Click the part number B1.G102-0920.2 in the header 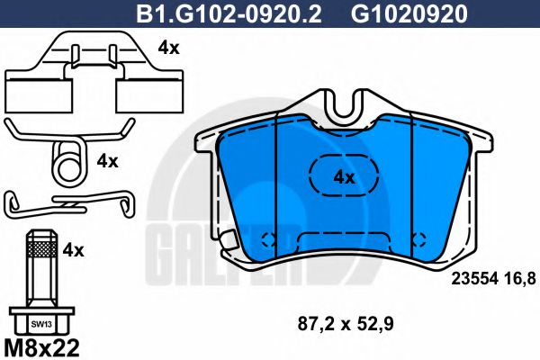click(229, 13)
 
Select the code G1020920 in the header click(409, 13)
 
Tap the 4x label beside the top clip click(169, 48)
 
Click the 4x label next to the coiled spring click(107, 161)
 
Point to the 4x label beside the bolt click(73, 250)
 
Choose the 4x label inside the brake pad click(344, 177)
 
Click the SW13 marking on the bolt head click(41, 324)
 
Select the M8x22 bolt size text click(41, 348)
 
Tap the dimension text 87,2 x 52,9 click(346, 324)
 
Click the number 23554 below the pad click(475, 278)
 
